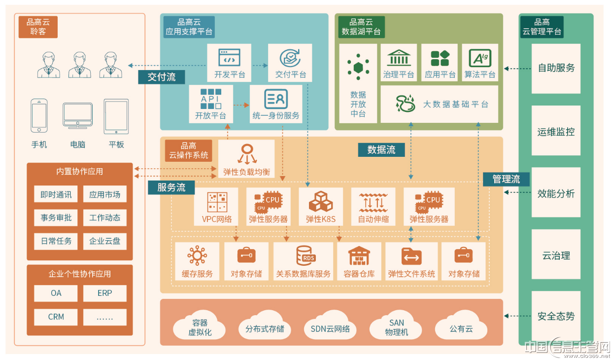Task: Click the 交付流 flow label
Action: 162,77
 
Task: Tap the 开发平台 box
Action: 229,63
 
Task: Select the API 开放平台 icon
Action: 210,99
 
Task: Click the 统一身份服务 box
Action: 276,104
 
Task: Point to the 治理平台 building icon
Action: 399,58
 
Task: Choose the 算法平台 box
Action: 480,63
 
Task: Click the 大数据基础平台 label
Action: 455,104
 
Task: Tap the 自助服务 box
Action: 556,69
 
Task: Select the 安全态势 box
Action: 556,316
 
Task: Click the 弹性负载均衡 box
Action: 246,159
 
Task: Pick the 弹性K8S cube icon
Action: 321,202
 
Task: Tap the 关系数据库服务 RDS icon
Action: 306,256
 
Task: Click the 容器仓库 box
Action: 359,261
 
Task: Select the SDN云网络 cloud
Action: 330,326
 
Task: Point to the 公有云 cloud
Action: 461,326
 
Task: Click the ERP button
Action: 105,293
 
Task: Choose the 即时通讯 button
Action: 56,194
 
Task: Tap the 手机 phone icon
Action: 39,116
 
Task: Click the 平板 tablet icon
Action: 116,116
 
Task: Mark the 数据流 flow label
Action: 381,150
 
